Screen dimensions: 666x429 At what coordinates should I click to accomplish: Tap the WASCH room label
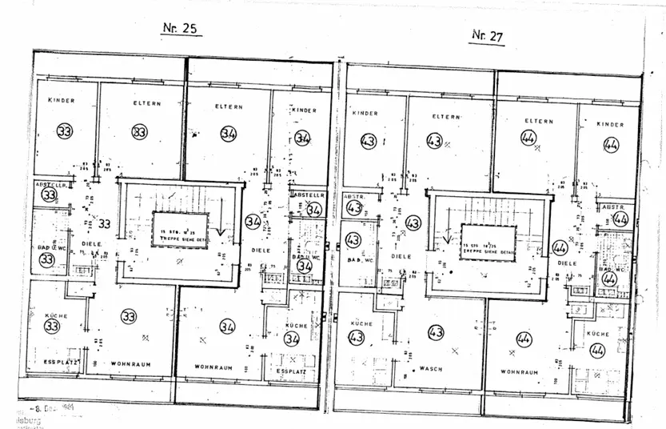pyautogui.click(x=432, y=369)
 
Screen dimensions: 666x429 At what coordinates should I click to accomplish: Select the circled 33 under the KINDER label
pyautogui.click(x=65, y=130)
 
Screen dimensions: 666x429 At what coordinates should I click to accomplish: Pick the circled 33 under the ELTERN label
pyautogui.click(x=140, y=131)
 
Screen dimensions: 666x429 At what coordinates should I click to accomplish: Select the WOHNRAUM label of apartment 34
pyautogui.click(x=213, y=367)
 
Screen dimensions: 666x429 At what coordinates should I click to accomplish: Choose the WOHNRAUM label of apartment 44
pyautogui.click(x=518, y=371)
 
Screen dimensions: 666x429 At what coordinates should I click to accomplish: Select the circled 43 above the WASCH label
pyautogui.click(x=436, y=332)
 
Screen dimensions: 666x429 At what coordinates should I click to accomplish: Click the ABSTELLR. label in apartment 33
pyautogui.click(x=51, y=184)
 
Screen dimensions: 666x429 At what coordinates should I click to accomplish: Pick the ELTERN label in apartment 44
pyautogui.click(x=540, y=121)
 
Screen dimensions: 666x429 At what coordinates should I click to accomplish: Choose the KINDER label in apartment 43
pyautogui.click(x=365, y=114)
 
